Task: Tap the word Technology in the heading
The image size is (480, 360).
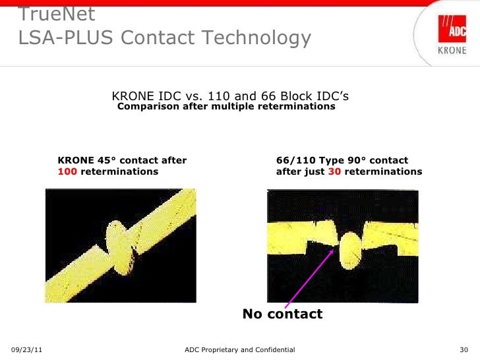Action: [x=254, y=39]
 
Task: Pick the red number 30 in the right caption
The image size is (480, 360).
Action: [x=334, y=171]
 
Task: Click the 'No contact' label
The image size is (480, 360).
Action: [x=282, y=314]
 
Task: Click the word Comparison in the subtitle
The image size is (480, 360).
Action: [x=148, y=106]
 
